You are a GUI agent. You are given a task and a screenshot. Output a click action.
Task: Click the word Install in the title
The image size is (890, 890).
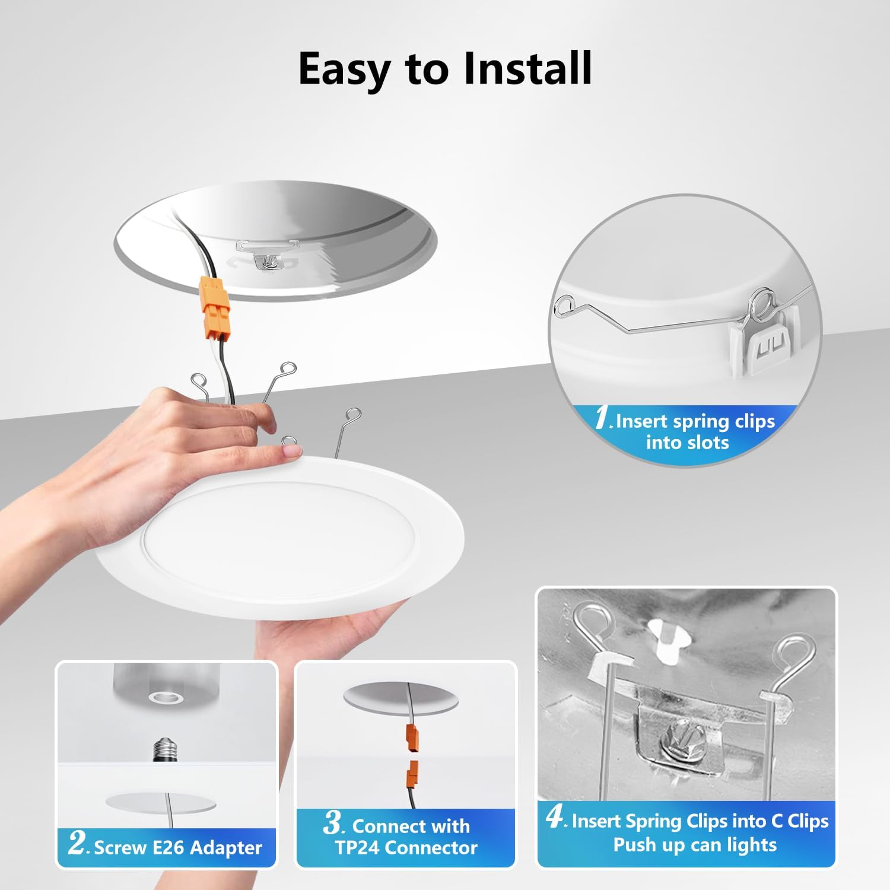tap(527, 68)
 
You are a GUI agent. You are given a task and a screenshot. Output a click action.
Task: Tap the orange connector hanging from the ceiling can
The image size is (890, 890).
tap(214, 307)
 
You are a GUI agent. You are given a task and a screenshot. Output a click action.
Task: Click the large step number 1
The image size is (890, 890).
tap(603, 417)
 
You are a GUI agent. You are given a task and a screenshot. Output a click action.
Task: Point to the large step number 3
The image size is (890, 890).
tap(334, 822)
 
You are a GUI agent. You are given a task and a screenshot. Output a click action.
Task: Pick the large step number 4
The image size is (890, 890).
tap(555, 817)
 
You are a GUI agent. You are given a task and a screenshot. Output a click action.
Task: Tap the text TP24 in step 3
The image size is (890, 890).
tap(357, 847)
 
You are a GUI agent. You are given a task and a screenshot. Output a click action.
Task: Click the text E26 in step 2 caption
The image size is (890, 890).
tap(169, 847)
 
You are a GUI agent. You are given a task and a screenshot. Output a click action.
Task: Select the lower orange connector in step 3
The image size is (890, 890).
tap(411, 773)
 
